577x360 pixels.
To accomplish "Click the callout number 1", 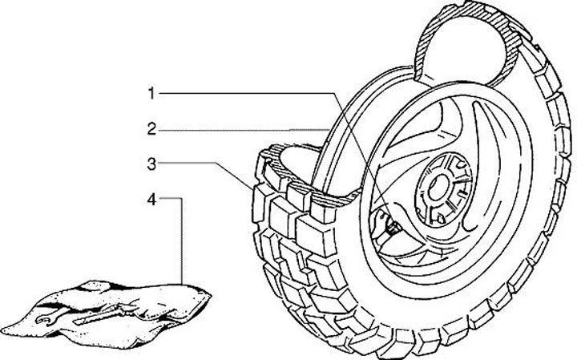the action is coord(150,94).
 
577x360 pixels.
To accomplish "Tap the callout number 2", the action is coord(150,128).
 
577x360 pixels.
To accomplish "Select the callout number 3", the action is coord(150,164).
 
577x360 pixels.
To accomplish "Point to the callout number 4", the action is coord(150,199).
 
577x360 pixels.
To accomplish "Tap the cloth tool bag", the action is coord(120,309).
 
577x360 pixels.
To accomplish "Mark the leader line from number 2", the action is coord(240,128).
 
